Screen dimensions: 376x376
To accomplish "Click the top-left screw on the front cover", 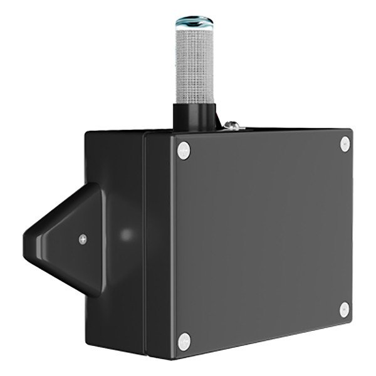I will click(183, 150).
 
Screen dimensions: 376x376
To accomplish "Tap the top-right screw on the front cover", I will click(345, 144).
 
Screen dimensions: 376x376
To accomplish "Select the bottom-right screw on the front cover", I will click(345, 309).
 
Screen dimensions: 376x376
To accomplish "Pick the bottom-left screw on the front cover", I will click(184, 341).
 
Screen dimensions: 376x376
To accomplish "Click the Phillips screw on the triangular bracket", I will click(83, 239).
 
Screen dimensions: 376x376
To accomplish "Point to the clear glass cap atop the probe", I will click(194, 23).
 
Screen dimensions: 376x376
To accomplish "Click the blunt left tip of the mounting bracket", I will click(26, 241).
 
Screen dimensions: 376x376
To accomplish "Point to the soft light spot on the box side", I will click(127, 235).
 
